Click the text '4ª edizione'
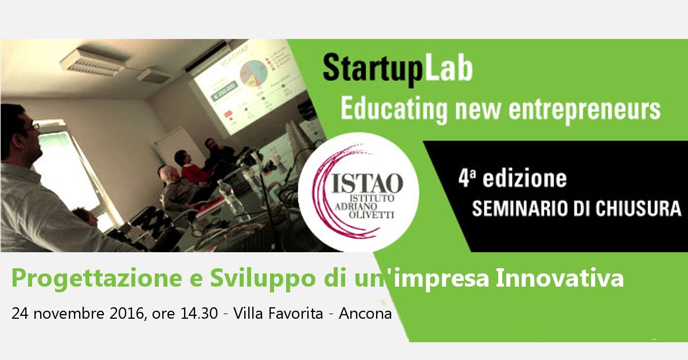pos(512,179)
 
